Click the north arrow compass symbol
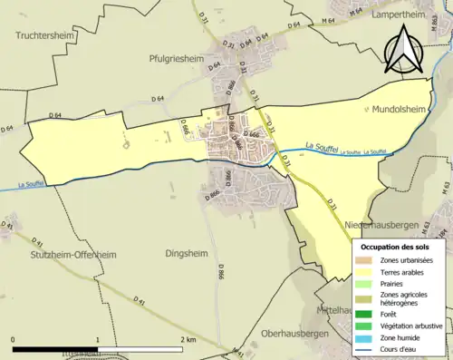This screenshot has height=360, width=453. [x=403, y=52]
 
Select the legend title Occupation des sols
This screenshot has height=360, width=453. [x=401, y=246]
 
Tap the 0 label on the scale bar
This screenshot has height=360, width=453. [x=13, y=338]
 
